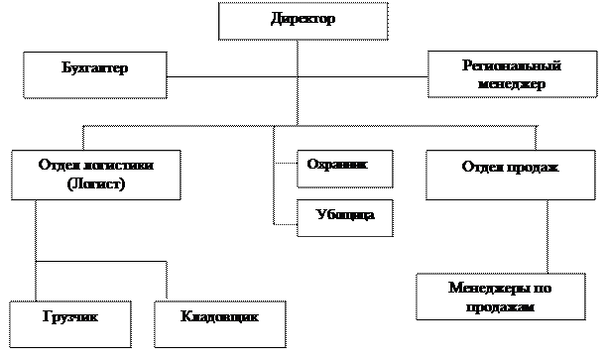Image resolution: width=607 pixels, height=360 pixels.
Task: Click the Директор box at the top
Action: click(x=303, y=21)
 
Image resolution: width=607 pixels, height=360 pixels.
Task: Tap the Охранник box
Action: click(x=344, y=169)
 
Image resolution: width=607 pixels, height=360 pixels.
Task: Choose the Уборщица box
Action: click(x=344, y=217)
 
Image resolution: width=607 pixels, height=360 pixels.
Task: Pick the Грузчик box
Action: click(x=69, y=323)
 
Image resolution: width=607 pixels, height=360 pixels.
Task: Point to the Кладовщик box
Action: click(x=219, y=323)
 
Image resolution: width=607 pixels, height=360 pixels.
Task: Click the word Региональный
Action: click(x=512, y=66)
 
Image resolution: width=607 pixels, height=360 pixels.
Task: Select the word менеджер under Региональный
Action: click(x=511, y=84)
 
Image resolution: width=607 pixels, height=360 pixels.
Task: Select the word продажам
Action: click(x=501, y=307)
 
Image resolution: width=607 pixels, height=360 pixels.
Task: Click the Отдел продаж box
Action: click(x=510, y=176)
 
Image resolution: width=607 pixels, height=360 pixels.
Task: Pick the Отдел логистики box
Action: click(x=95, y=176)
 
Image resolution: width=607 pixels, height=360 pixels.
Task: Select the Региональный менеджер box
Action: click(x=511, y=75)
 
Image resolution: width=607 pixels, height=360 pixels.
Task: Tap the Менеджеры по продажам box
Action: click(x=501, y=298)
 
